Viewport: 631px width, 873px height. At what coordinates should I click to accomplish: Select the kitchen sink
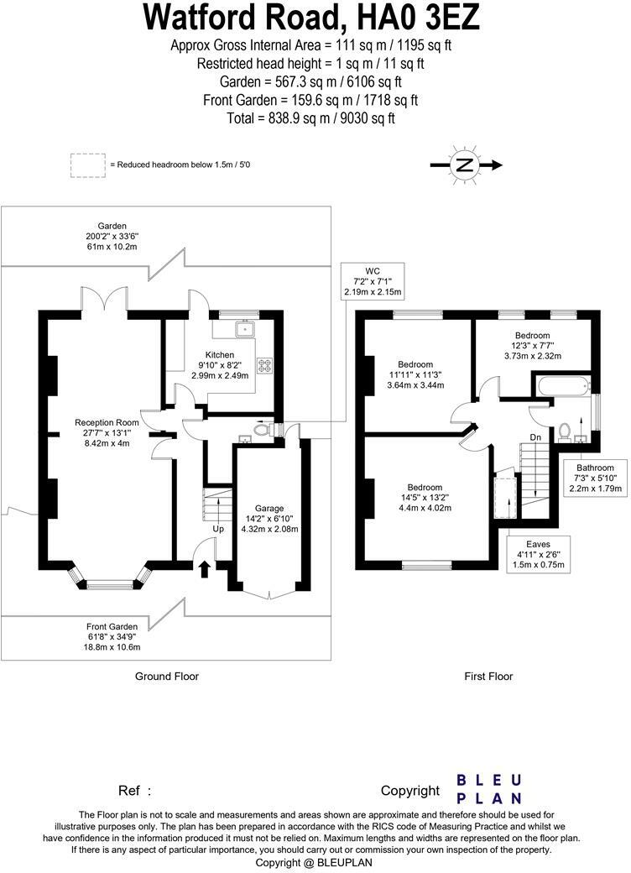246,329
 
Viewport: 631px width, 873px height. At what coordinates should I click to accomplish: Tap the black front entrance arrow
204,568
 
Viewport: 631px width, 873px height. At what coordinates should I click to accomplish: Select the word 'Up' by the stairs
217,530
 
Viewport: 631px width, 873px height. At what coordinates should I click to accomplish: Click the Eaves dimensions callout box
540,555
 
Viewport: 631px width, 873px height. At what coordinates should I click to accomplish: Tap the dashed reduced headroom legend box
88,165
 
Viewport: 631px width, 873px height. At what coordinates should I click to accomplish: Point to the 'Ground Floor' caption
167,676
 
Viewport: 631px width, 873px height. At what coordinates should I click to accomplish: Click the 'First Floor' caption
488,676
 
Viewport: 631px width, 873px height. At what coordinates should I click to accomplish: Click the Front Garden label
112,637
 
